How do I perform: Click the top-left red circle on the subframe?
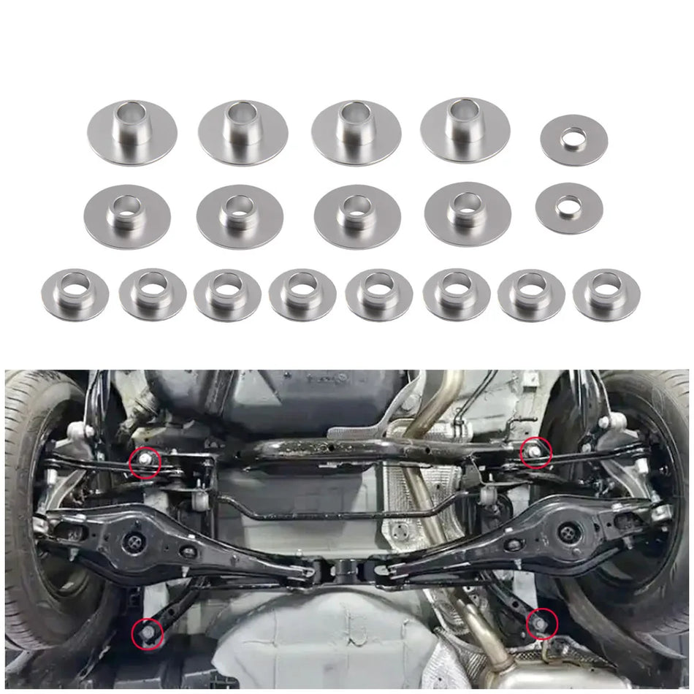(145, 462)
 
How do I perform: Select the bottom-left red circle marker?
(148, 632)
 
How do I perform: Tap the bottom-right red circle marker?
(542, 623)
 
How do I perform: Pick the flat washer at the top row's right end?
(574, 140)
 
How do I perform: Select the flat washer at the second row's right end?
(569, 208)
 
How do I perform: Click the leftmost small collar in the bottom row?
(75, 294)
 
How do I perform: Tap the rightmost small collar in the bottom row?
(606, 294)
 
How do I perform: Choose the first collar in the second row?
(127, 216)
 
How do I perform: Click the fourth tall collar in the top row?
(465, 130)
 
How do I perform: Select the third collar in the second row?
(357, 216)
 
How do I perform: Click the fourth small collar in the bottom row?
(302, 294)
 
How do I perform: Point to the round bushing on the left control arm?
(134, 541)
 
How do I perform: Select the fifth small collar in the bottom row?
(379, 294)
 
